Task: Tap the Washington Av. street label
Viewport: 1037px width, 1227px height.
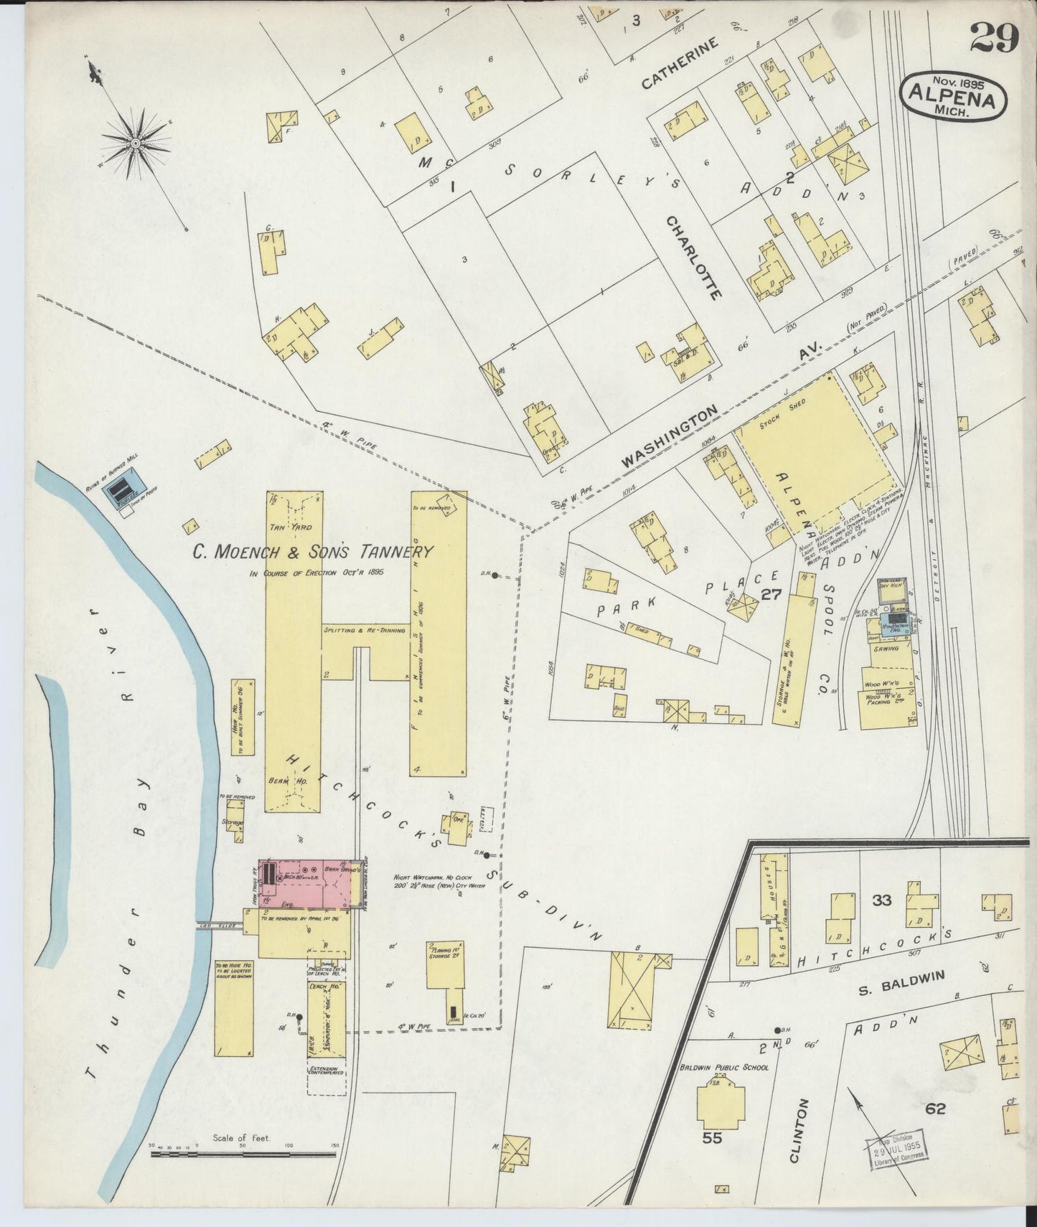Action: (669, 438)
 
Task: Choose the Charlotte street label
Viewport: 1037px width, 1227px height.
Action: (693, 258)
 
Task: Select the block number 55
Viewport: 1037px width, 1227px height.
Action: (712, 1137)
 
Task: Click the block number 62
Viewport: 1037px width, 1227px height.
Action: (935, 1109)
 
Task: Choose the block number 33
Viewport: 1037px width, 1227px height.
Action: (881, 899)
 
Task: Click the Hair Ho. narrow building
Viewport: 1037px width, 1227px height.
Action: (243, 716)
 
